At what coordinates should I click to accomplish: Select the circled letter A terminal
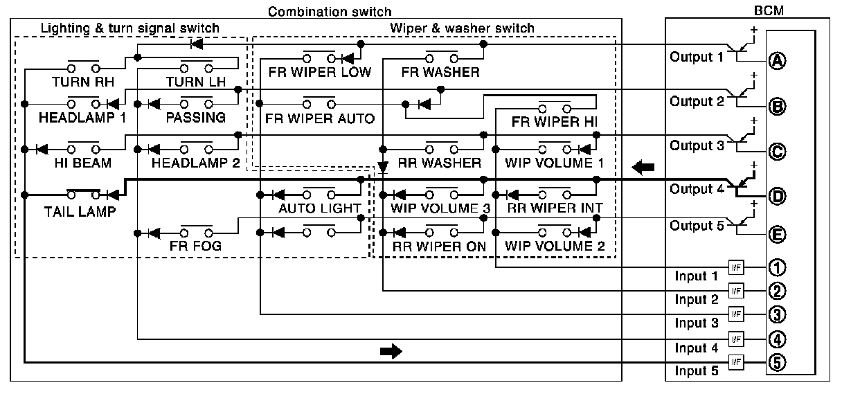click(x=777, y=61)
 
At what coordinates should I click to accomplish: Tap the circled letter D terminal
click(x=777, y=197)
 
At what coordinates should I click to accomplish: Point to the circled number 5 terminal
click(x=777, y=362)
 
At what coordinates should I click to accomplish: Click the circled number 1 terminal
click(x=777, y=267)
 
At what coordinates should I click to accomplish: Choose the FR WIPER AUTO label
click(x=319, y=118)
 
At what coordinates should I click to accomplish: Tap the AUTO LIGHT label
click(x=319, y=208)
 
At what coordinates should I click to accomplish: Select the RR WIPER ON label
click(x=439, y=246)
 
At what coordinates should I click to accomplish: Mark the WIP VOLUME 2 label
click(x=555, y=246)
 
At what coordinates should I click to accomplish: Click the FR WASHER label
click(x=440, y=72)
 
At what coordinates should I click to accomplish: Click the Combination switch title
click(x=330, y=12)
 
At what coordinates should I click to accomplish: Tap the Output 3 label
click(x=696, y=145)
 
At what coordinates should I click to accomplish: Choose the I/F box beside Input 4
click(x=736, y=339)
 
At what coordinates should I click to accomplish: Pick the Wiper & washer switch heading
click(x=462, y=28)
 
